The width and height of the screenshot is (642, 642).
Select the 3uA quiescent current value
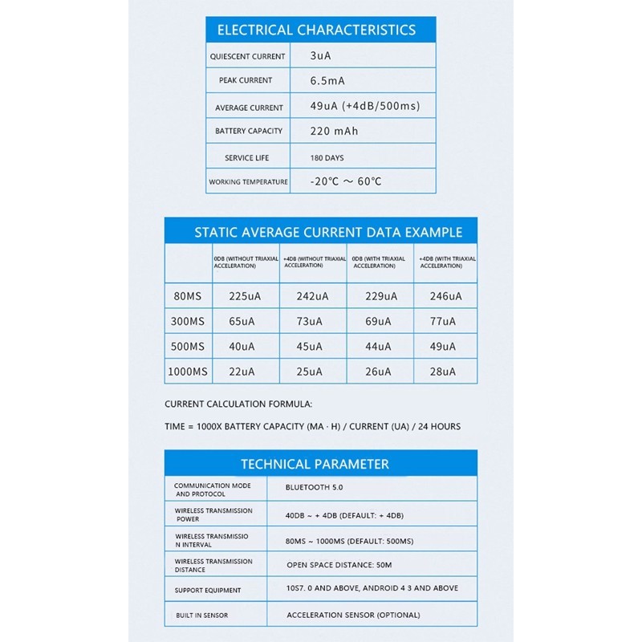320,56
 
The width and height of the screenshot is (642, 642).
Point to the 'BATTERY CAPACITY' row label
249,131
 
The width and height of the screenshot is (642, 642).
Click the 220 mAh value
334,131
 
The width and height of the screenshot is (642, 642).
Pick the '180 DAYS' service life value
327,158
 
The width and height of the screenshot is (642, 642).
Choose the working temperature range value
346,181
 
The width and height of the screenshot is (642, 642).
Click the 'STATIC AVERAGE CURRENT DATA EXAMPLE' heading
328,233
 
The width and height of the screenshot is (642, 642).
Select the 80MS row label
188,296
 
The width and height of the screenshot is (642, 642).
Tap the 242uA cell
312,296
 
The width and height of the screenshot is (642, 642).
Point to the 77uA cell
442,322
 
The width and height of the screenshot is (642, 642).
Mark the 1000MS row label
188,372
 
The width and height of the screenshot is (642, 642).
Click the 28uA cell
442,372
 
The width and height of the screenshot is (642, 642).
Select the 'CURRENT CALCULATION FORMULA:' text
238,404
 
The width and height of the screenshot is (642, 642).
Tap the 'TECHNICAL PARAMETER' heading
315,464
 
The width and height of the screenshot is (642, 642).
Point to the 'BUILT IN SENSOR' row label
201,616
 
